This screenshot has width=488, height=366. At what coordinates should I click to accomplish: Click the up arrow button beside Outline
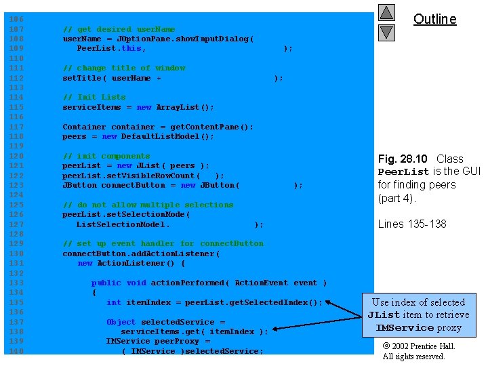(386, 13)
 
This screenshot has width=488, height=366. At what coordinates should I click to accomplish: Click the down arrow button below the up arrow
(386, 32)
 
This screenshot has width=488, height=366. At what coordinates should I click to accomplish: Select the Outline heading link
(434, 19)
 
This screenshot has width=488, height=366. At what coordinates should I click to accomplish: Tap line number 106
(16, 20)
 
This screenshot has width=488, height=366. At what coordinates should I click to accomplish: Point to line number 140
(16, 351)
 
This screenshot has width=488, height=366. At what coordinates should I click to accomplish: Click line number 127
(16, 224)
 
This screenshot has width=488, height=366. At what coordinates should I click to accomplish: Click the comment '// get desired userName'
(119, 29)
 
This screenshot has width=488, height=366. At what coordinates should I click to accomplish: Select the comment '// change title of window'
(123, 68)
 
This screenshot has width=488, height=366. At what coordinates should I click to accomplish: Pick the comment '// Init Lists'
(94, 97)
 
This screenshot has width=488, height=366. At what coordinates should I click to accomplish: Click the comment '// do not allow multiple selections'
(148, 205)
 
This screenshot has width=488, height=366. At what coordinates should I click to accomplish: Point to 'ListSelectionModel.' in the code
(123, 224)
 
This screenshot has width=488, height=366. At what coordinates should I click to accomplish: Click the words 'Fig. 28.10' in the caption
(403, 159)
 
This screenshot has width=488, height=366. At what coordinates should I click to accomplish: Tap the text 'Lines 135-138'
(412, 224)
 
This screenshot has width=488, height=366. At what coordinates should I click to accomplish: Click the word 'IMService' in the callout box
(405, 327)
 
